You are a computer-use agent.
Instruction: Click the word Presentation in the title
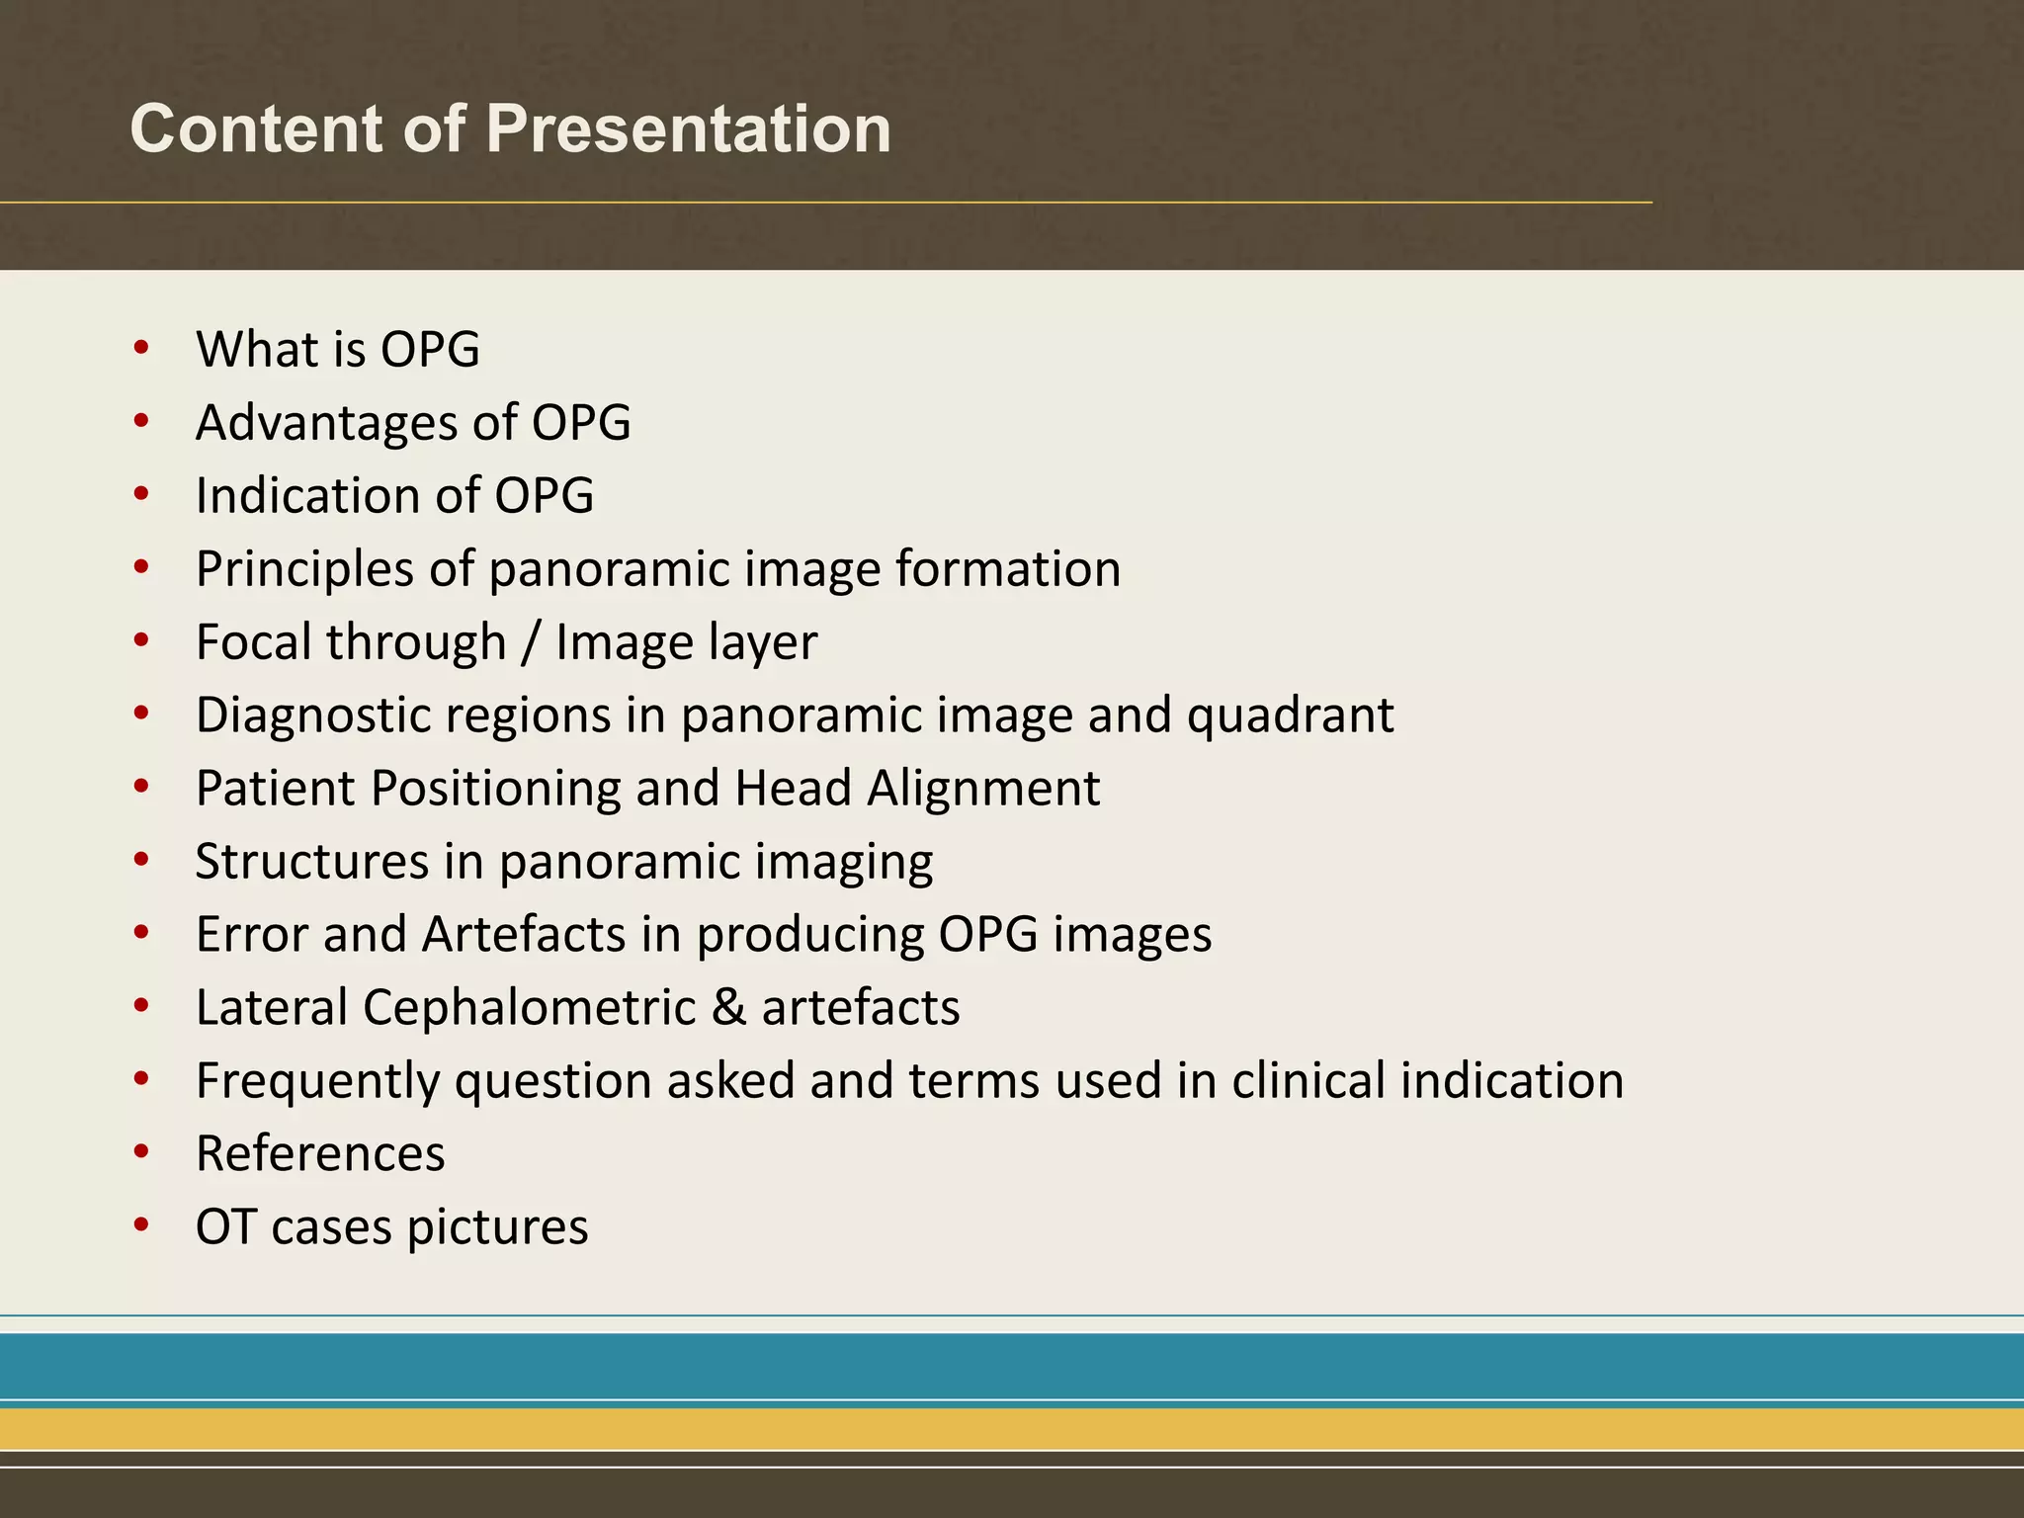(x=688, y=129)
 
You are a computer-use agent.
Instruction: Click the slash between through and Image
(x=531, y=642)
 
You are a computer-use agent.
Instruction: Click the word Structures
(x=311, y=862)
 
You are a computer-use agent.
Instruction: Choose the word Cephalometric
(x=529, y=1008)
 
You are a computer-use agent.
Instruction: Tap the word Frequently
(x=317, y=1081)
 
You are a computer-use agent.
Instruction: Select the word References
(x=320, y=1154)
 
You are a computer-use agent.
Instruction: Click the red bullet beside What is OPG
(x=141, y=348)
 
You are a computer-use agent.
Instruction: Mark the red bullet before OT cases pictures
(x=141, y=1225)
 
